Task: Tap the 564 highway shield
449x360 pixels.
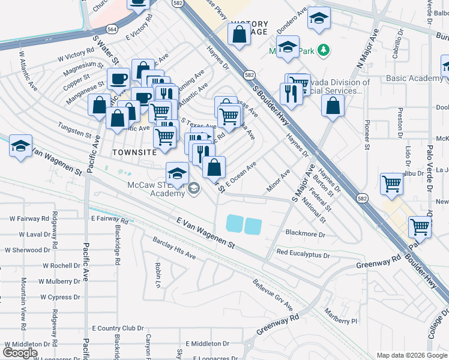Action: (x=112, y=29)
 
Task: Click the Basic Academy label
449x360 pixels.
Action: (x=414, y=79)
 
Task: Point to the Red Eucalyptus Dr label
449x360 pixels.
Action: (x=303, y=254)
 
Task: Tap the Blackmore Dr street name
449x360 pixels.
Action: (x=306, y=234)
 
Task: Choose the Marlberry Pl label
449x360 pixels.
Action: (x=341, y=321)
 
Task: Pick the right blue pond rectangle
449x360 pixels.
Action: (x=253, y=226)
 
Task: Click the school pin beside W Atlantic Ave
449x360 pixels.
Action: (x=20, y=146)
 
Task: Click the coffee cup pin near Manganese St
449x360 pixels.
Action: (x=118, y=78)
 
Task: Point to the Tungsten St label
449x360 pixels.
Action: (x=74, y=127)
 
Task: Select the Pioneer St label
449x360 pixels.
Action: (x=367, y=137)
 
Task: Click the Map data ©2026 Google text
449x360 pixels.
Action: (x=411, y=355)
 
